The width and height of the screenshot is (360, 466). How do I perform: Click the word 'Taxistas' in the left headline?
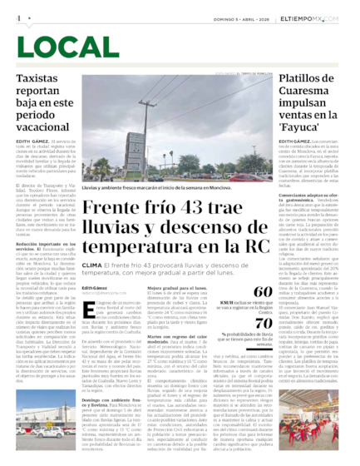39,77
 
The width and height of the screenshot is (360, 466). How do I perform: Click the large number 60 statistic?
262,291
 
